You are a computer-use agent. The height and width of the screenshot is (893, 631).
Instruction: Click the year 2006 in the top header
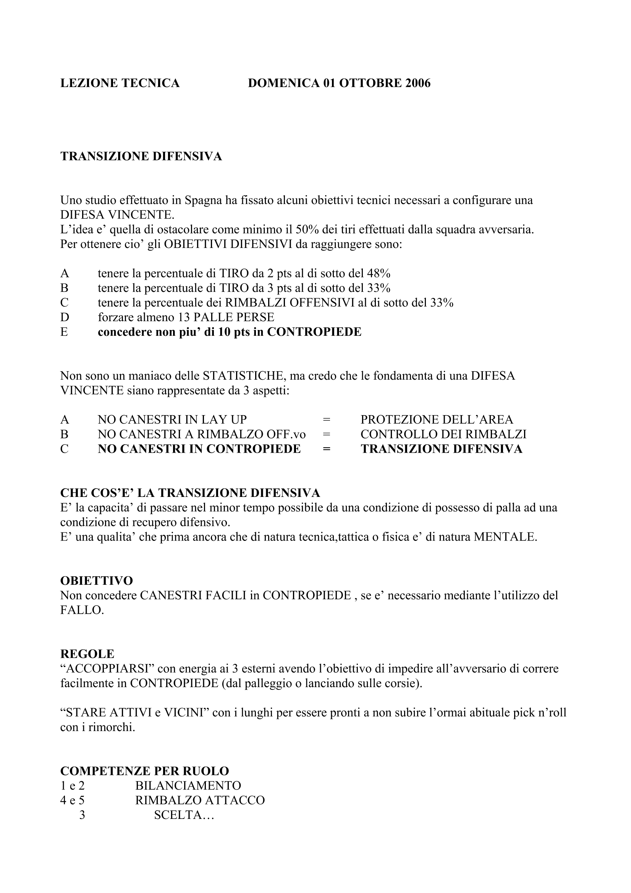pos(418,83)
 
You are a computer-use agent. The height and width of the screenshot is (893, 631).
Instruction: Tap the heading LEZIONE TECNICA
pos(120,83)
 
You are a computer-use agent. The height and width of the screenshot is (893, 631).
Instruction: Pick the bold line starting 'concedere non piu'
pos(230,332)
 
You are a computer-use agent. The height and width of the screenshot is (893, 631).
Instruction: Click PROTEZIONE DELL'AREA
pos(437,420)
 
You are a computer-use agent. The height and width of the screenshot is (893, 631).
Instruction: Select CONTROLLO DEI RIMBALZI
pos(443,434)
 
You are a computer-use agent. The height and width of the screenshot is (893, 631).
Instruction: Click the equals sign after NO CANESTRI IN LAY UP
pos(327,420)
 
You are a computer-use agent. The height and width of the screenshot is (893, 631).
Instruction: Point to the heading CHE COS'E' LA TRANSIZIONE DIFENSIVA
pos(190,493)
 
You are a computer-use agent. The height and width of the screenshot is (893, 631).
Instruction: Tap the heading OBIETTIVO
pos(97,581)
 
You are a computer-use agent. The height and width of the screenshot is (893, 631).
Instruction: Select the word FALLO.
pos(82,610)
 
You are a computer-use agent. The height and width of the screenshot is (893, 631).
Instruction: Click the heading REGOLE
pos(87,654)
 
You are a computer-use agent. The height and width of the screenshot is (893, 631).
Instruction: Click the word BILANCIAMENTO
pos(188,786)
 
